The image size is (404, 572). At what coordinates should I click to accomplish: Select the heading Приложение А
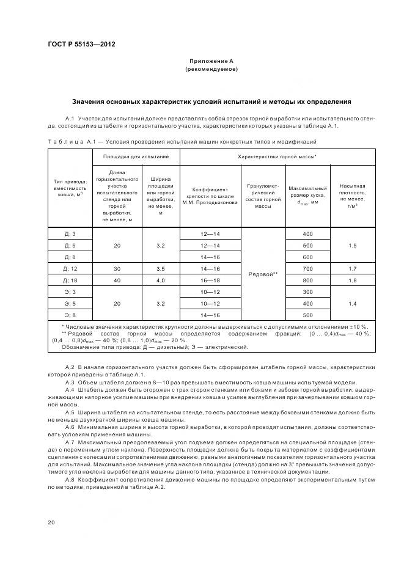211,61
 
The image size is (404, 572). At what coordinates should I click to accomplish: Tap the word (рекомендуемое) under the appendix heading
211,70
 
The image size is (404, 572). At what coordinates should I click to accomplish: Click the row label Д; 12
70,268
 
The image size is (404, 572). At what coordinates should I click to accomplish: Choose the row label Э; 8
70,315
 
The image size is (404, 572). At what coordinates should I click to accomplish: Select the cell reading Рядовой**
263,274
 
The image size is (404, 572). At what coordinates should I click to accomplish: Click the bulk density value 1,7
353,268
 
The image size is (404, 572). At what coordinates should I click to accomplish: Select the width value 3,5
160,268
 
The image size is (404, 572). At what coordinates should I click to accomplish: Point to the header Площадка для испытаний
136,157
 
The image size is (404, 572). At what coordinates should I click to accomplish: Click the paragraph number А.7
69,442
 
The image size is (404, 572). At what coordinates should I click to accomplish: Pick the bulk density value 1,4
353,303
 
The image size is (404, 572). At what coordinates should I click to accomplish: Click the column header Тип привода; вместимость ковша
70,189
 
